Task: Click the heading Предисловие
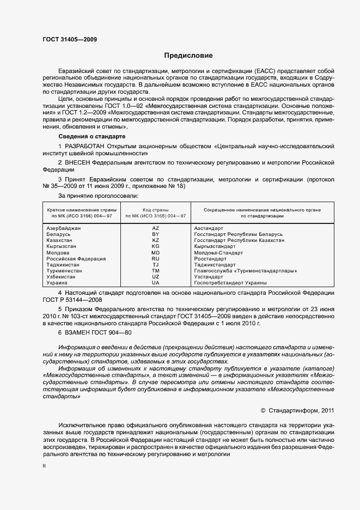point(189,56)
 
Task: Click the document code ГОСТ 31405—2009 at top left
point(70,39)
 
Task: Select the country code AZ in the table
point(155,228)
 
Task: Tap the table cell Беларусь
point(59,234)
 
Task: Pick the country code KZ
point(155,240)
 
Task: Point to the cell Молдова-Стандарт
point(219,253)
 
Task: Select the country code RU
point(155,259)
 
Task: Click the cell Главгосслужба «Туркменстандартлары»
point(246,271)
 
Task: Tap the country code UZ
point(155,277)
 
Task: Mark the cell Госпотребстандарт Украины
point(230,283)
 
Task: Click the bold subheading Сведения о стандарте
point(91,136)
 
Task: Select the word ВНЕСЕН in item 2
point(77,162)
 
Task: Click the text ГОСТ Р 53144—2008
point(72,300)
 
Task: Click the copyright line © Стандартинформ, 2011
point(297,410)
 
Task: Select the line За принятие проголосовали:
point(98,195)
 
